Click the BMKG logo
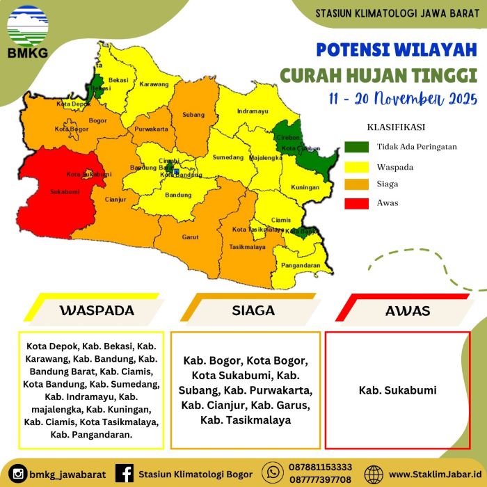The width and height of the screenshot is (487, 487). click(28, 31)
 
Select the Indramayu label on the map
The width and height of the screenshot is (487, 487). click(252, 111)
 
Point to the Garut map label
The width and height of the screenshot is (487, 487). click(190, 237)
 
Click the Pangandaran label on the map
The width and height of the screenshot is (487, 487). click(299, 266)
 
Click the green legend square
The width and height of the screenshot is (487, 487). click(354, 147)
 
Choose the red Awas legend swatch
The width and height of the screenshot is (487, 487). click(354, 203)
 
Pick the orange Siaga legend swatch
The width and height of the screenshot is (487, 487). click(354, 184)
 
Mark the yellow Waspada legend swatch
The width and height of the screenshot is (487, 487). click(354, 166)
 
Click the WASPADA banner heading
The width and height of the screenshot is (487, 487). click(96, 310)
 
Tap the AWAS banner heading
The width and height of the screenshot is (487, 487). click(408, 310)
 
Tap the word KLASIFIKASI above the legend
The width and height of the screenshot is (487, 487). click(396, 127)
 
